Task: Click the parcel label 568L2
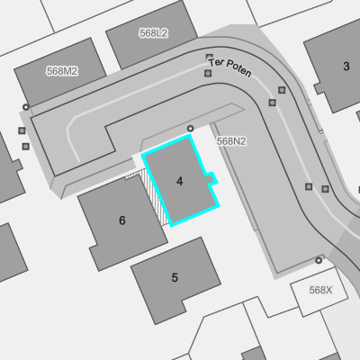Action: [x=153, y=33]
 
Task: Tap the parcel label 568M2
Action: [x=62, y=71]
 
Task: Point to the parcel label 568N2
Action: [x=231, y=141]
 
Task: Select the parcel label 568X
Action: [x=320, y=290]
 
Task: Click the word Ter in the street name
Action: [x=216, y=62]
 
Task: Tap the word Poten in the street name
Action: [x=238, y=68]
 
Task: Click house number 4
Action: [x=180, y=181]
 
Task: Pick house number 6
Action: [x=122, y=220]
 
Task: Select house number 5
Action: [x=175, y=277]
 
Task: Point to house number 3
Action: [x=346, y=67]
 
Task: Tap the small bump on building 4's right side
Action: [x=211, y=177]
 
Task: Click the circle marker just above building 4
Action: [x=190, y=129]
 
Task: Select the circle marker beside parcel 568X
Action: [x=319, y=260]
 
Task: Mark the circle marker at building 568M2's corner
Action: [x=26, y=107]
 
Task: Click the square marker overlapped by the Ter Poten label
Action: [x=210, y=57]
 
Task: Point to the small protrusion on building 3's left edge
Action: [x=319, y=88]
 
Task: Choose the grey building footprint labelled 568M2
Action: [x=60, y=72]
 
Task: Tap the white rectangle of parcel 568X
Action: [x=319, y=292]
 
